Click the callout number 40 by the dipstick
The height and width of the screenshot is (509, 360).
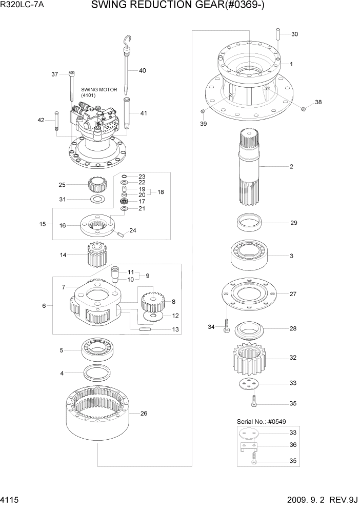(x=142, y=70)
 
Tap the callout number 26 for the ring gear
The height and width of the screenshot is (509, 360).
(x=144, y=414)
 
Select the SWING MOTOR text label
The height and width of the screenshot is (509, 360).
(x=99, y=90)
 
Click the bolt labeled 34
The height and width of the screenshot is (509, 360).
(x=226, y=327)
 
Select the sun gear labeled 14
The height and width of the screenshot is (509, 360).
(x=96, y=254)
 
